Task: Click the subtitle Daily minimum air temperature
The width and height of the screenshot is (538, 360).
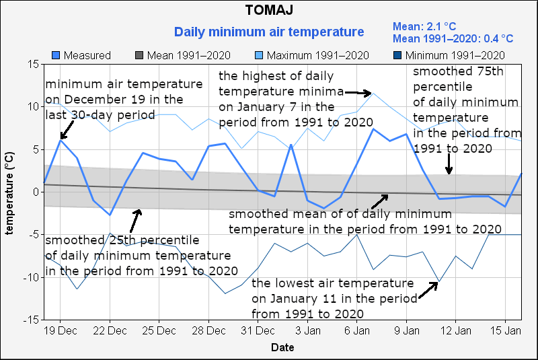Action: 269,32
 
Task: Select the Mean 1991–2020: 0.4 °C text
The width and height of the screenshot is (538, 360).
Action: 453,39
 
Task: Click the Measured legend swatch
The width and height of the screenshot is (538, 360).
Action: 56,55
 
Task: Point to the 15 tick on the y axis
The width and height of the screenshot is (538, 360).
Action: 32,64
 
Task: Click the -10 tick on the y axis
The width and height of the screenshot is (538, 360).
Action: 30,277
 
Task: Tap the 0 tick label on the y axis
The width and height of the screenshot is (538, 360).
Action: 35,192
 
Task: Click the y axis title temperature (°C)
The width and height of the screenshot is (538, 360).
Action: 10,192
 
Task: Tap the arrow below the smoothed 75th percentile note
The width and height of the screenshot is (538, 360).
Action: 449,164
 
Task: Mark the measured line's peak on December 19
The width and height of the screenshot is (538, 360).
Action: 61,139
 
